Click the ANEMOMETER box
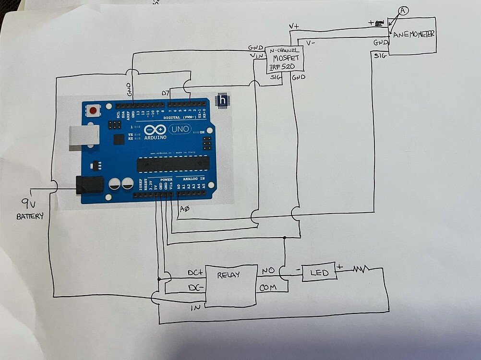pyautogui.click(x=412, y=36)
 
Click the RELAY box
pyautogui.click(x=231, y=286)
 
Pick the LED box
pyautogui.click(x=319, y=272)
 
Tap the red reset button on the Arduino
pyautogui.click(x=93, y=111)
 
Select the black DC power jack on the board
pyautogui.click(x=90, y=185)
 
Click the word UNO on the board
pyautogui.click(x=180, y=129)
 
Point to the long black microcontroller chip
pyautogui.click(x=173, y=164)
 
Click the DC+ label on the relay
pyautogui.click(x=195, y=273)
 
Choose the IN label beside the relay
pyautogui.click(x=195, y=308)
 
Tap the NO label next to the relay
pyautogui.click(x=267, y=271)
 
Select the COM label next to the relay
pyautogui.click(x=268, y=288)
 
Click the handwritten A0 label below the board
pyautogui.click(x=184, y=209)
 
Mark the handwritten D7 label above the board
pyautogui.click(x=166, y=93)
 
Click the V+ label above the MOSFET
pyautogui.click(x=294, y=26)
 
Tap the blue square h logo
pyautogui.click(x=222, y=100)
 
